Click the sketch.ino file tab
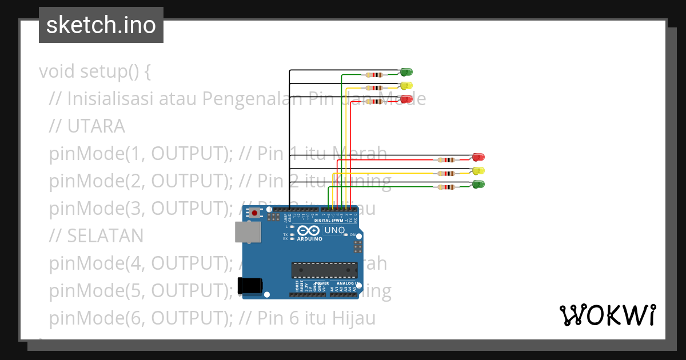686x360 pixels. (x=101, y=25)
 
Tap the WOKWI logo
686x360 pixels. (x=607, y=315)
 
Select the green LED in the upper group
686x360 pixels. (x=406, y=72)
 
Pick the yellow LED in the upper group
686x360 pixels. (x=406, y=86)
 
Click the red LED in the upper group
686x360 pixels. (x=406, y=99)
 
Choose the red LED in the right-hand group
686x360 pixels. (x=478, y=157)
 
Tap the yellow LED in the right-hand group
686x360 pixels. (x=478, y=170)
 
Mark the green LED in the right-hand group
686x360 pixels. (x=478, y=184)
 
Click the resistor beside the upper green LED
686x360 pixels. (x=374, y=75)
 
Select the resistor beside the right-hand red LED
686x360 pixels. (x=446, y=160)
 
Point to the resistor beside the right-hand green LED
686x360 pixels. (x=446, y=187)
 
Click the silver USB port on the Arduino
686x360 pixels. (x=247, y=232)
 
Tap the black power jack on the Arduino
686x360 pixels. (x=250, y=285)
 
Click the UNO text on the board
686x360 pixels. (x=334, y=230)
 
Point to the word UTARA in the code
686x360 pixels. (x=96, y=126)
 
